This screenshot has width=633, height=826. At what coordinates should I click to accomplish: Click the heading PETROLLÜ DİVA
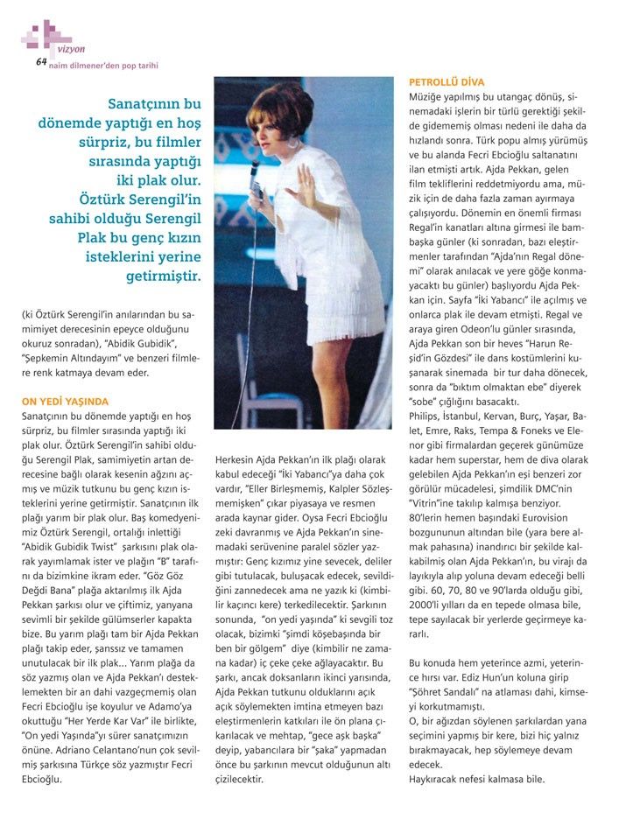(x=447, y=82)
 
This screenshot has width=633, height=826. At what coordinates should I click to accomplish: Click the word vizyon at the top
(x=72, y=51)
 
